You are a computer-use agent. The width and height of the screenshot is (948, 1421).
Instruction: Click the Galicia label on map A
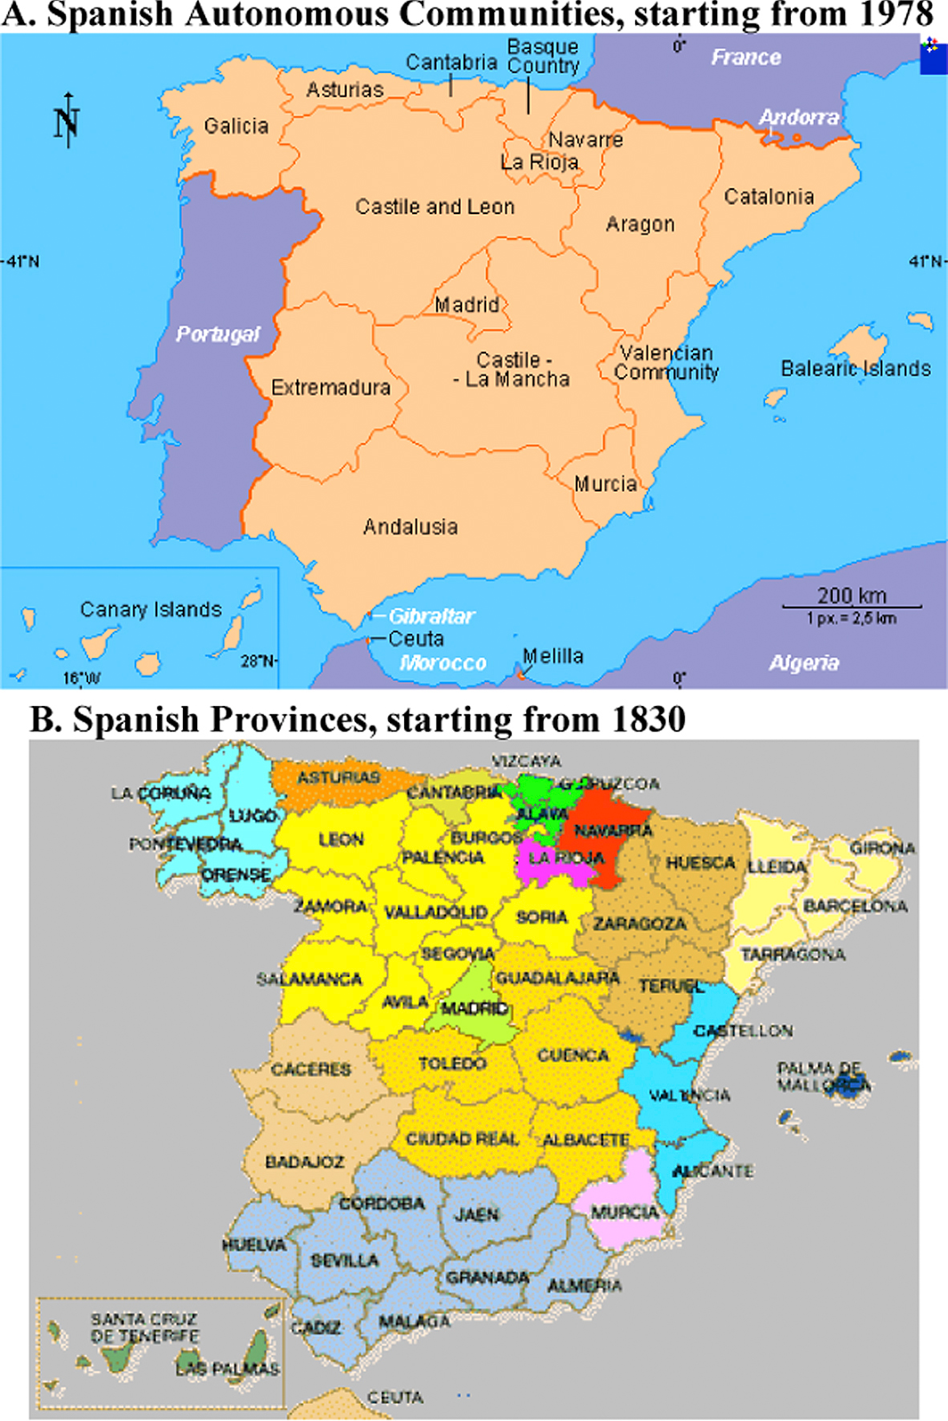235,126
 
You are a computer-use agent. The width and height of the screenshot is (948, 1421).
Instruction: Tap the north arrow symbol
67,120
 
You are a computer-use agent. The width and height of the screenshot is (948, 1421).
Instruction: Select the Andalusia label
410,527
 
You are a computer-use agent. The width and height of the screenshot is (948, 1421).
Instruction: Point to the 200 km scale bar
851,606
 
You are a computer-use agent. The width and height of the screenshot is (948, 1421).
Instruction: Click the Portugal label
218,334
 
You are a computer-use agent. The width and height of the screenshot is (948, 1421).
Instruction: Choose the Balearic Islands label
856,369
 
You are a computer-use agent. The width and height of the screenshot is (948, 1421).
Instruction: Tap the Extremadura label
331,387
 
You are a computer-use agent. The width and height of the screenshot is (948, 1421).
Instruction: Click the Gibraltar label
432,615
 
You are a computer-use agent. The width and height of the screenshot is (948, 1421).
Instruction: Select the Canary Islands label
151,609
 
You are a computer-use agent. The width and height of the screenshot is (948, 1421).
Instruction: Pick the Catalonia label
769,196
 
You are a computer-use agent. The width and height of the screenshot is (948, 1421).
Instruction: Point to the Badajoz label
305,1162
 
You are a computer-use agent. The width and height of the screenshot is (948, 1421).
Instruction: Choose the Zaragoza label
640,924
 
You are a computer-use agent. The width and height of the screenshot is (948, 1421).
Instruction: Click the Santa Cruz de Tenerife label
145,1327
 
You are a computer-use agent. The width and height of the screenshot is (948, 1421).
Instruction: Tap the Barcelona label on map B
855,906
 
